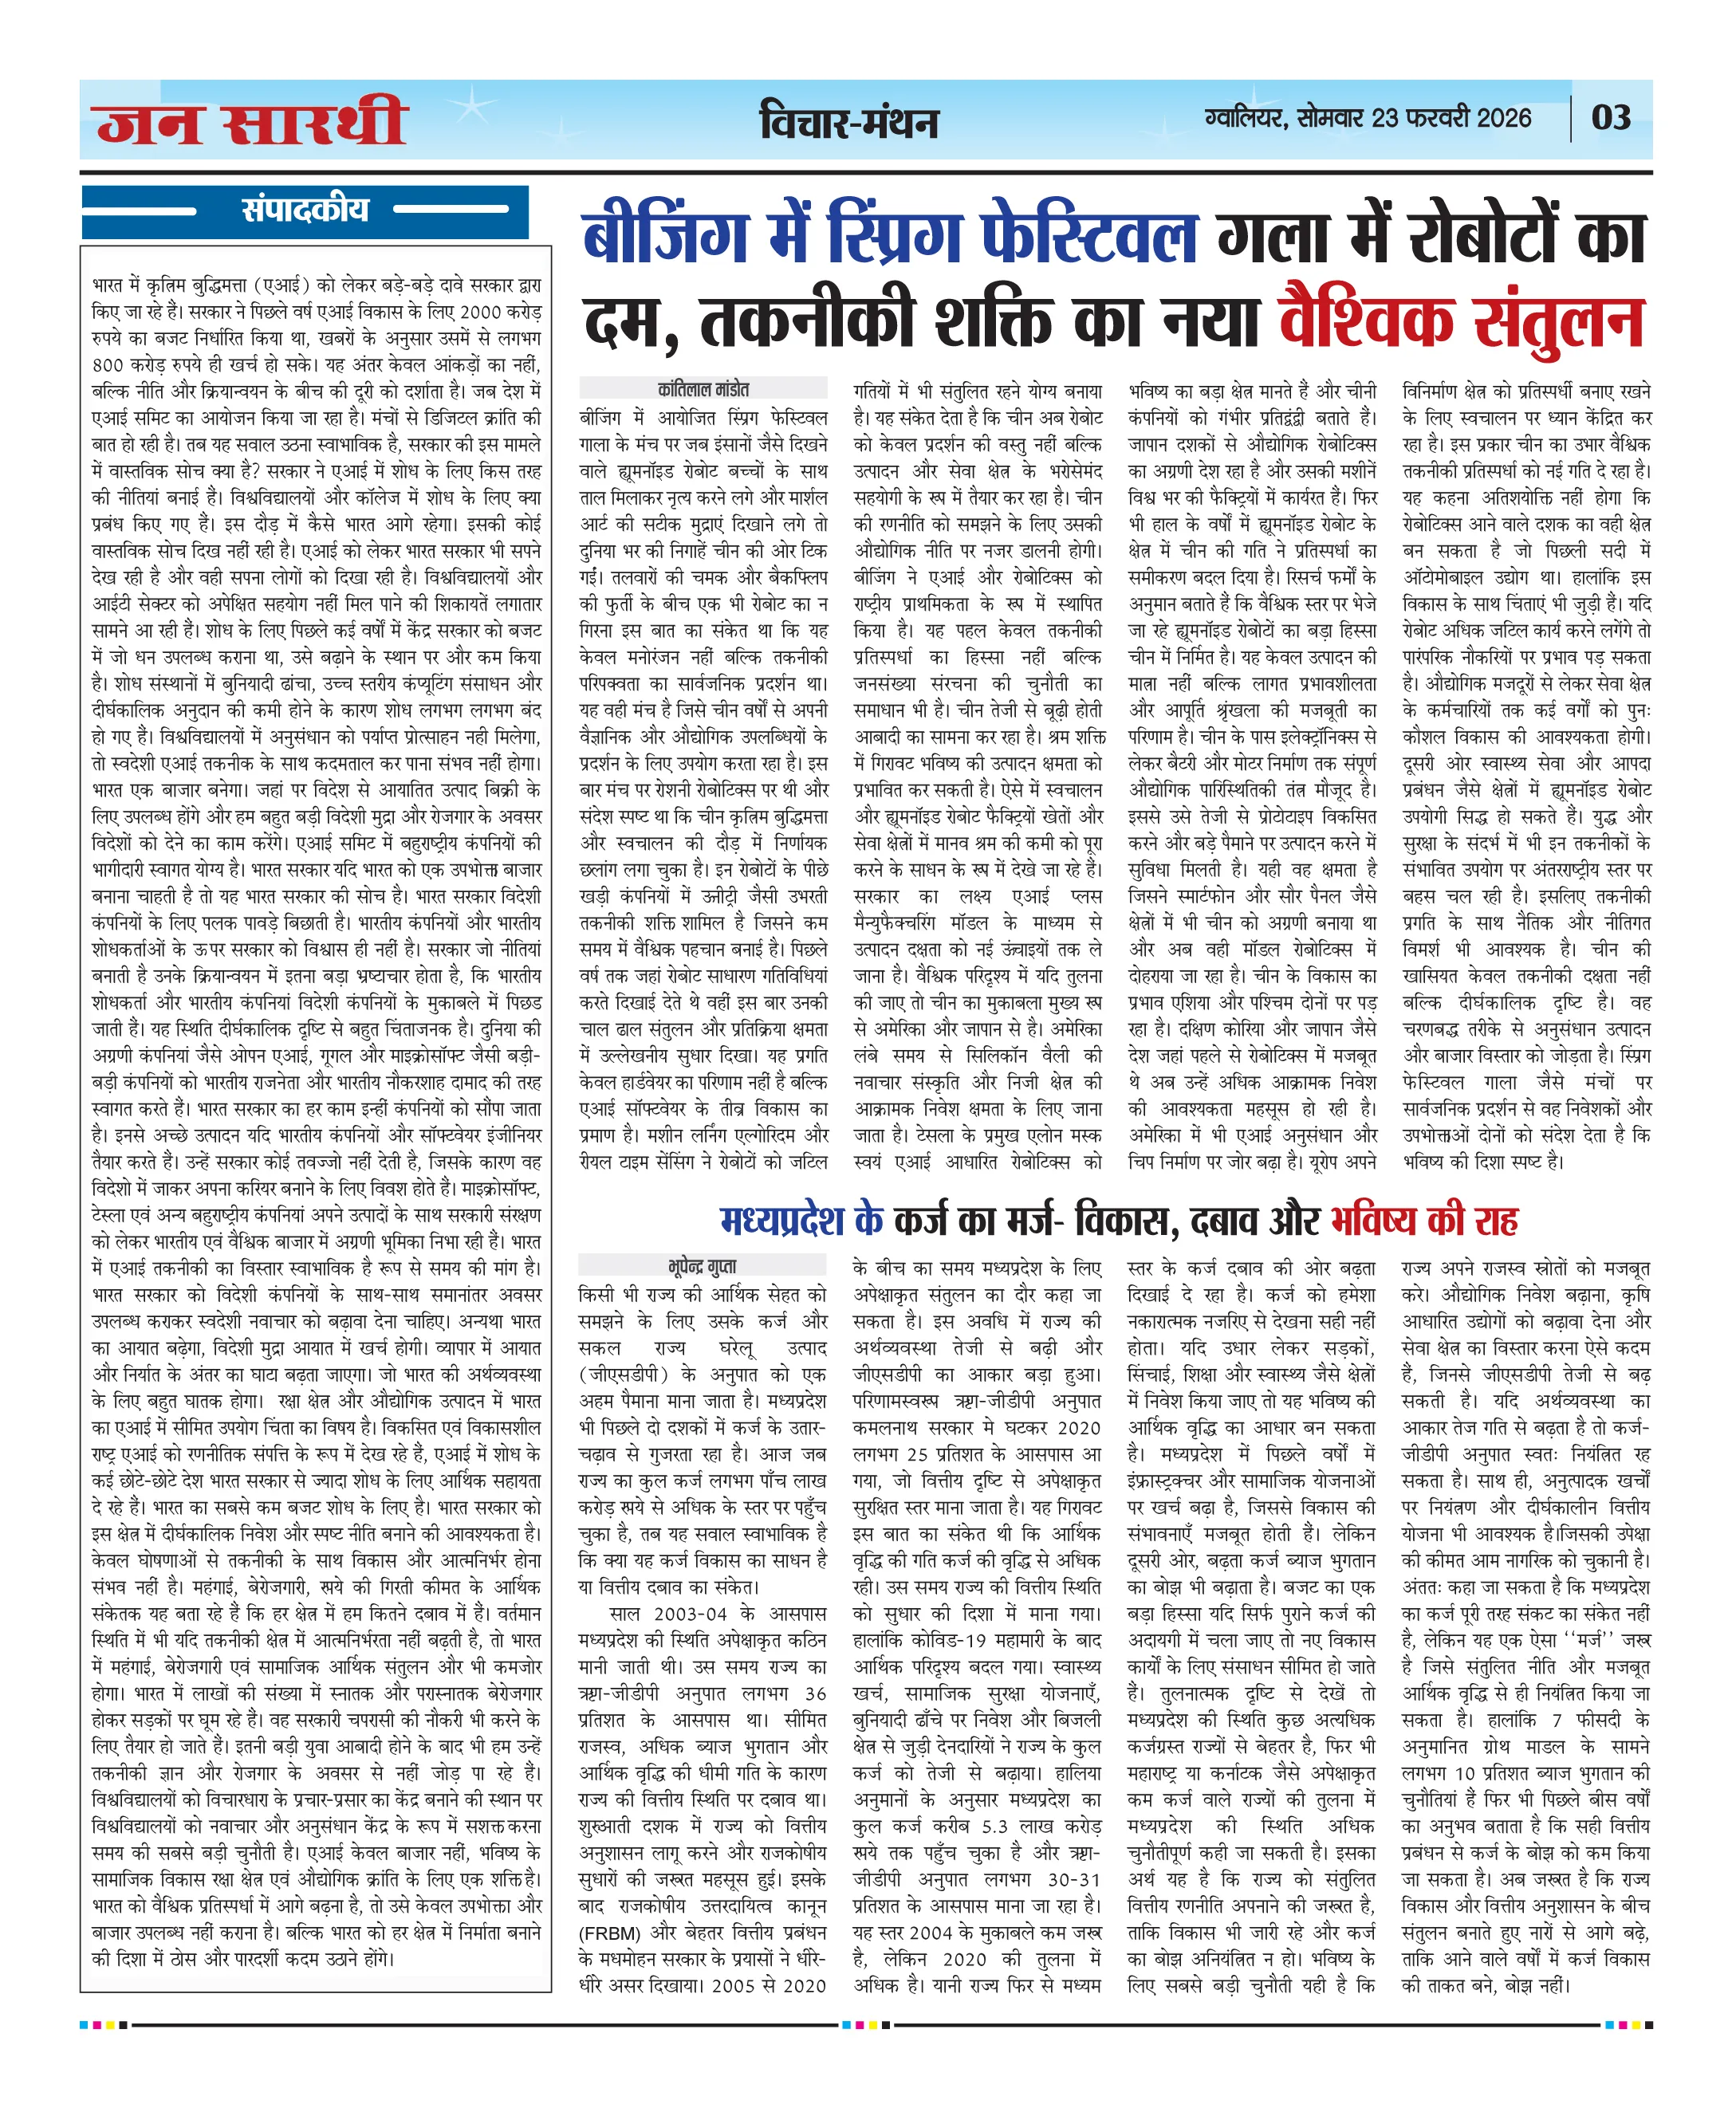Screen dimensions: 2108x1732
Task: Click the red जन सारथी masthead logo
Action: coord(251,122)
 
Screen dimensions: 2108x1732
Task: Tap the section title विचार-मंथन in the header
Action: coord(849,122)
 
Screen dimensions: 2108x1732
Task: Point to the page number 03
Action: coord(1610,118)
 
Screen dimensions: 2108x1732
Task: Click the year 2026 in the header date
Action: coord(1503,118)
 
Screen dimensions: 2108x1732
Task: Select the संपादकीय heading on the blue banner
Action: coord(305,210)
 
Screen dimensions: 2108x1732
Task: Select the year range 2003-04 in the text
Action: coord(691,1613)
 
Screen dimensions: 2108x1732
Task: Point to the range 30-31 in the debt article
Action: coord(1073,1879)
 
